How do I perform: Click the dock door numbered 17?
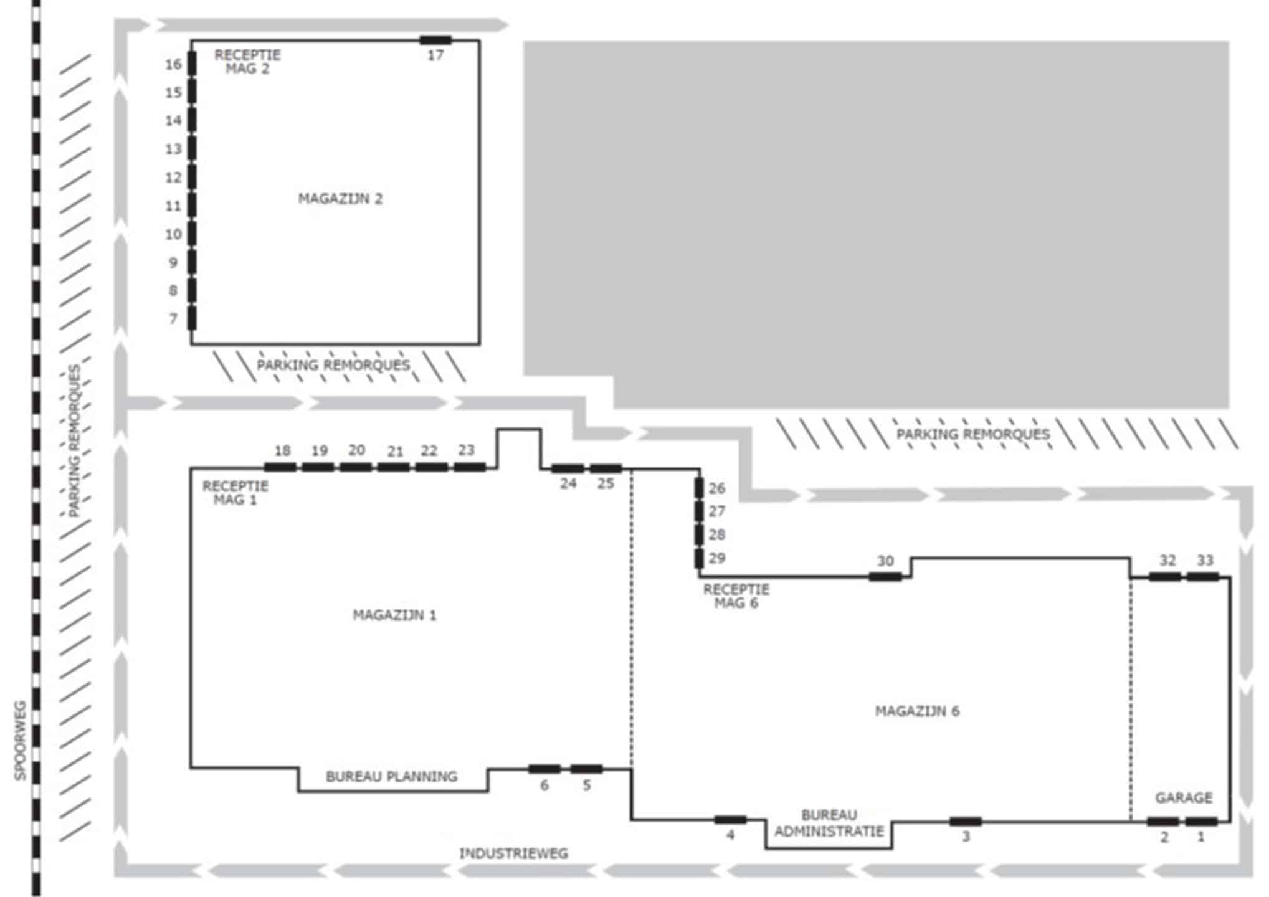point(435,41)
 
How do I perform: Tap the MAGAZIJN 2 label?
point(340,199)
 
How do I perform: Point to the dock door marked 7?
point(192,318)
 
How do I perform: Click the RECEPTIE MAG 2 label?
point(247,62)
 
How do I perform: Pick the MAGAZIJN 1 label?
point(395,615)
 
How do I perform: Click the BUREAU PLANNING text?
point(391,776)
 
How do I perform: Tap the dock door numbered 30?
point(885,577)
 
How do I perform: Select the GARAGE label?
point(1184,797)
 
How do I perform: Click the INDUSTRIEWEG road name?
point(514,853)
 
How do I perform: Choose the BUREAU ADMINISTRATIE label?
point(829,823)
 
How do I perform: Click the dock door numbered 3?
point(966,822)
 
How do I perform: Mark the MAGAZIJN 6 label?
point(917,711)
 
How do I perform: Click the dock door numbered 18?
point(280,467)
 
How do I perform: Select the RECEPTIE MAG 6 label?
point(736,596)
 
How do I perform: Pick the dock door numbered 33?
point(1202,577)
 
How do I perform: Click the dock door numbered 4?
point(731,820)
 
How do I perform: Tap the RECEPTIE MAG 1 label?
point(235,493)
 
